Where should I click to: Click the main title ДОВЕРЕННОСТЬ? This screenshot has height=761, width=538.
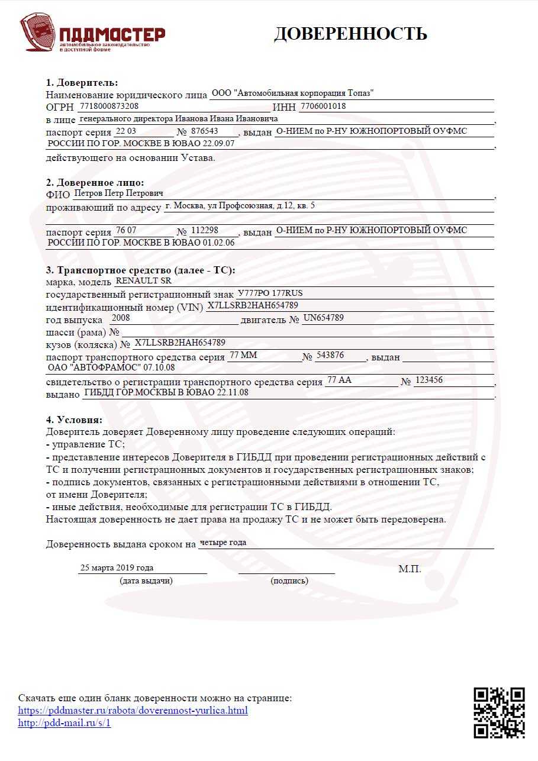point(350,34)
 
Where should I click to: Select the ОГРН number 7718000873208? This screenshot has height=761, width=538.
point(108,106)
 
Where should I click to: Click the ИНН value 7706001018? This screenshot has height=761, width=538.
point(323,107)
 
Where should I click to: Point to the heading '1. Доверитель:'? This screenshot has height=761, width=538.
point(82,82)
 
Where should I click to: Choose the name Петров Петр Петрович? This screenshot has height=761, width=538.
point(118,193)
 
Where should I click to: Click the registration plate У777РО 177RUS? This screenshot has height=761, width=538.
point(270,294)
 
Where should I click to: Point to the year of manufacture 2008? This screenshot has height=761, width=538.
point(120,318)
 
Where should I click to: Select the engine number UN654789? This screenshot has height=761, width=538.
point(324,318)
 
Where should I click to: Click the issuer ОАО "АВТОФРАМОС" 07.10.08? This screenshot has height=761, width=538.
point(111,367)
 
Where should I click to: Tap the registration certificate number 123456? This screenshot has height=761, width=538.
point(430,380)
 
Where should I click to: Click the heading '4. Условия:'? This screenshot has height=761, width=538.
point(74,420)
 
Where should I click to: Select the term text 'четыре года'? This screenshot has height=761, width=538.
point(223,542)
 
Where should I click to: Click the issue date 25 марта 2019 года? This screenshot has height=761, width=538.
point(117,567)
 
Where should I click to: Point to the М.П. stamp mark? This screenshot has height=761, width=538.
point(410,569)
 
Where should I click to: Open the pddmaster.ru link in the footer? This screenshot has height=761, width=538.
point(133,710)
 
